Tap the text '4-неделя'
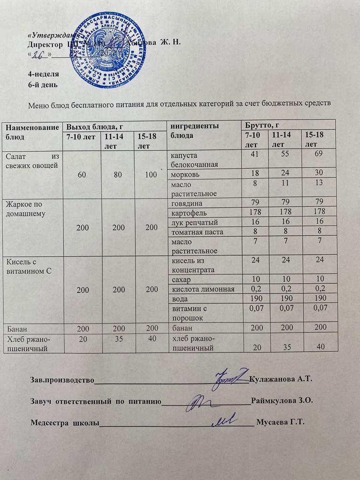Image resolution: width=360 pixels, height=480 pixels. pos(44,74)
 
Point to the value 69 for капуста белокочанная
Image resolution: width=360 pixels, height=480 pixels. pos(320,154)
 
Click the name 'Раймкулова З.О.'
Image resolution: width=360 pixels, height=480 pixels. pos(281,401)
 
